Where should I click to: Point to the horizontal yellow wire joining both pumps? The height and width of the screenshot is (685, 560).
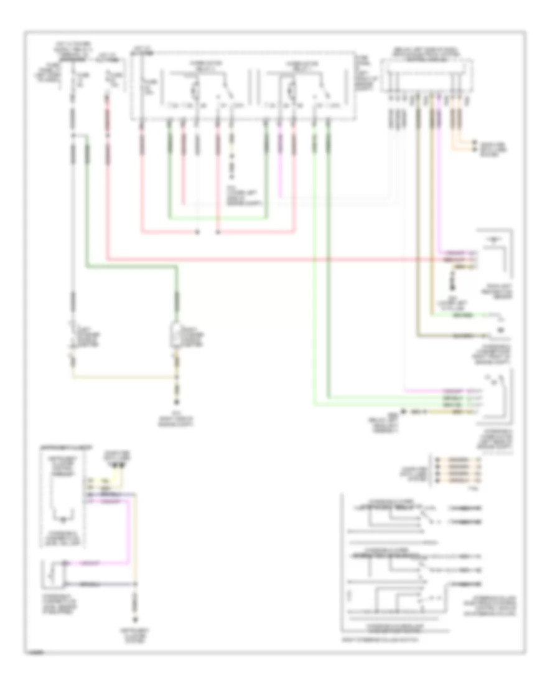coord(124,377)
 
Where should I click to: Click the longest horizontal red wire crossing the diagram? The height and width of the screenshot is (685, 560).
coord(280,258)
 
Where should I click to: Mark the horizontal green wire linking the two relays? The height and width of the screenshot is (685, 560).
coord(218,219)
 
